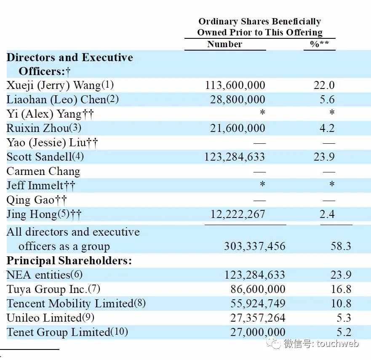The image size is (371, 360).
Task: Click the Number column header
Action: tap(224, 44)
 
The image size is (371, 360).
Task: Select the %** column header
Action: tap(319, 44)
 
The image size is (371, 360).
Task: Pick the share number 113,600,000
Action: tap(235, 86)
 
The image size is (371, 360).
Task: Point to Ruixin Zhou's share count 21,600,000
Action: tap(238, 128)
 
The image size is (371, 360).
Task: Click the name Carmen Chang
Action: tap(43, 171)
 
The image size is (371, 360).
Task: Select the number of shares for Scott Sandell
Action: tap(235, 157)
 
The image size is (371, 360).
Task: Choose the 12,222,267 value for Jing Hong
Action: tap(238, 214)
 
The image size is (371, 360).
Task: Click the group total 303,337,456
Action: tap(254, 246)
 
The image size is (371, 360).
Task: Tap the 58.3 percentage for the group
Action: tap(341, 246)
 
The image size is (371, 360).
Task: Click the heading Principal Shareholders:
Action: tap(69, 261)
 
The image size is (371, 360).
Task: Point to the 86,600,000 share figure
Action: tap(257, 290)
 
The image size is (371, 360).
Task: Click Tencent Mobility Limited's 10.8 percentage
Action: tap(341, 304)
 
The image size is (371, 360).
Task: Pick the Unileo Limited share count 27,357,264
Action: tap(257, 318)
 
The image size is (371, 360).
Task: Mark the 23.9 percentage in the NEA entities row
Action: tap(341, 275)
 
